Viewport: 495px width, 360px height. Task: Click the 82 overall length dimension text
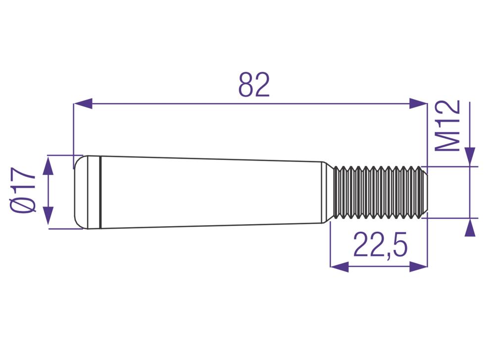coord(254,85)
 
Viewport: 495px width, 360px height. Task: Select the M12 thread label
coord(447,126)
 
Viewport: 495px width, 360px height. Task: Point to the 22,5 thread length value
coord(380,244)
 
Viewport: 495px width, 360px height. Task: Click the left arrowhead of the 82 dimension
coord(83,103)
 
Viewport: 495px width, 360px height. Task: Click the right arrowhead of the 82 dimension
coord(418,103)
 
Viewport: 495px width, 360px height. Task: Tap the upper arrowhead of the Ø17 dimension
coord(48,166)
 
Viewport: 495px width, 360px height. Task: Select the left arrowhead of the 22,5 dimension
coord(340,266)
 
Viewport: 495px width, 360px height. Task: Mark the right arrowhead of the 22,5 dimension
coord(418,266)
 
